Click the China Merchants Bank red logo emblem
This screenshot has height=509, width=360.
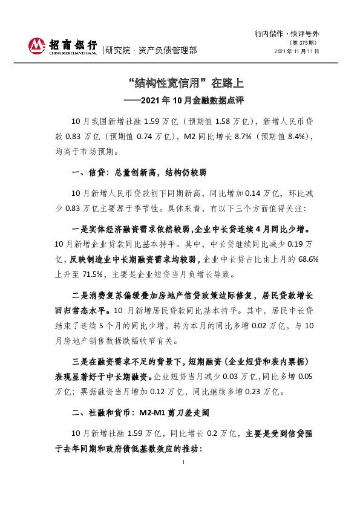tap(37, 45)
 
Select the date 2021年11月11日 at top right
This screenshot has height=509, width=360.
tap(296, 51)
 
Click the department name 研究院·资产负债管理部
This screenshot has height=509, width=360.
tap(151, 50)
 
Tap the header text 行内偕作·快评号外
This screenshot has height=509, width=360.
tap(287, 34)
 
